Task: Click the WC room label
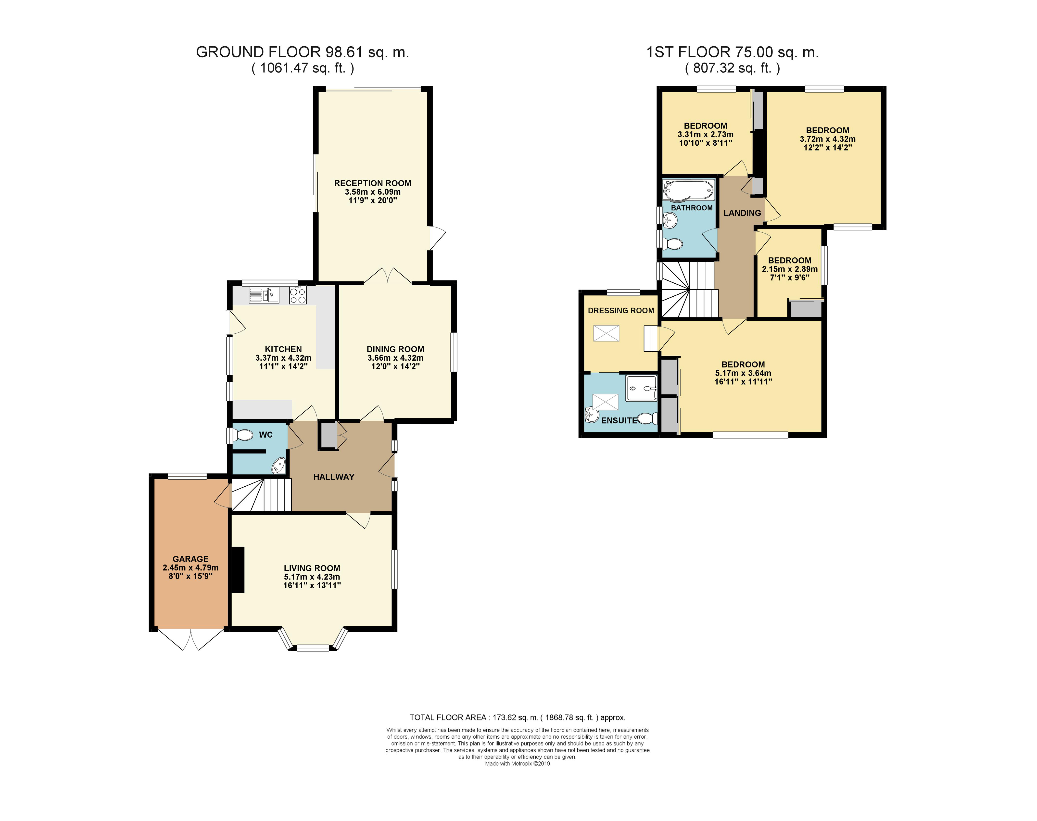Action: (x=266, y=435)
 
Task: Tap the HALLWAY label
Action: (x=334, y=477)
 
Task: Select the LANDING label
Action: (x=742, y=213)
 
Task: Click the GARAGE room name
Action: (x=190, y=559)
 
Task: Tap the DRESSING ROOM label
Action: (x=621, y=311)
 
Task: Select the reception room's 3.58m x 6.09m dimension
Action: (x=373, y=192)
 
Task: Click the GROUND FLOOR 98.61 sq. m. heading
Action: (x=303, y=52)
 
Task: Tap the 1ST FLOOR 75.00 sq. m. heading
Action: (x=732, y=52)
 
